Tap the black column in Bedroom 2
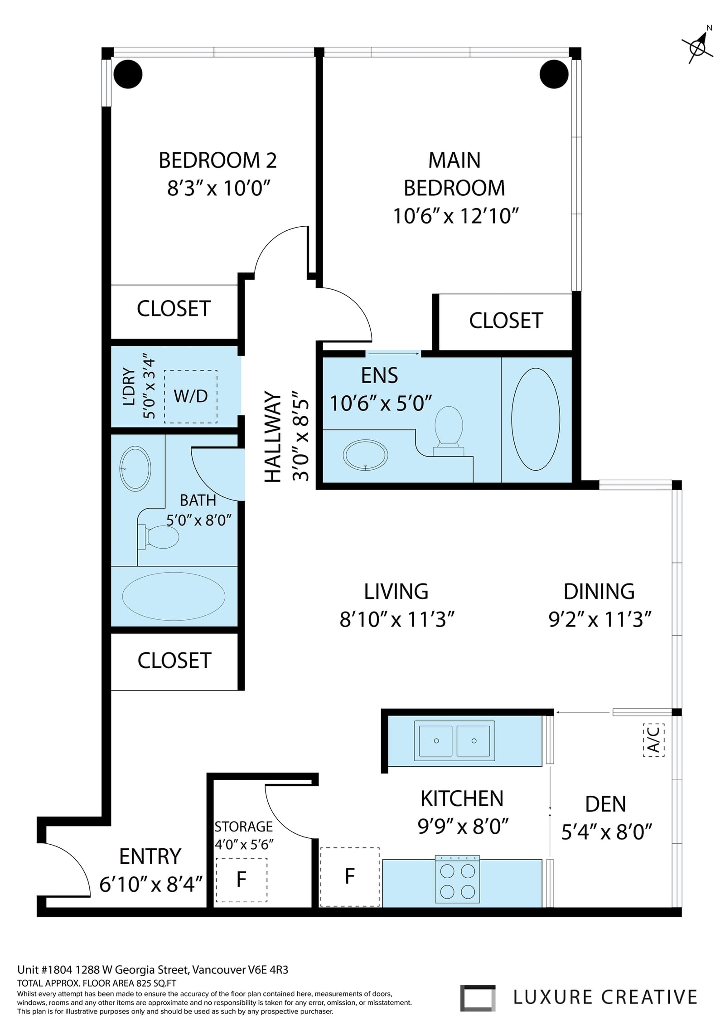point(128,74)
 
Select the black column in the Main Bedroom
point(554,74)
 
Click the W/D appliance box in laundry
point(191,397)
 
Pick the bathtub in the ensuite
point(536,419)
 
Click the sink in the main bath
point(135,469)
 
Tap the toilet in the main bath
point(158,537)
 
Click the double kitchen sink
point(454,741)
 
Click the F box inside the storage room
point(242,880)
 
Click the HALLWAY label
point(273,437)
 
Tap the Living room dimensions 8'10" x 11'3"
point(397,619)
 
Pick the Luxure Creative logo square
point(478,998)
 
